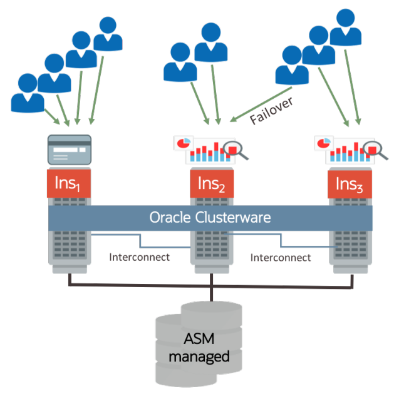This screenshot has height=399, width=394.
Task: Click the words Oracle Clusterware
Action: [x=210, y=217]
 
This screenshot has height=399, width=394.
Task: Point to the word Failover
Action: [x=271, y=111]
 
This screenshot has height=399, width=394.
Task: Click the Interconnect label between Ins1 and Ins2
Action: [x=139, y=257]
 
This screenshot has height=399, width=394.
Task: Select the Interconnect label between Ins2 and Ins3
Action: [x=280, y=257]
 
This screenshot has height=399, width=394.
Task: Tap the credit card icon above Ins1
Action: [x=70, y=149]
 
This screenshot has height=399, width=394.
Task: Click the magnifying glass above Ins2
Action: [x=234, y=149]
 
